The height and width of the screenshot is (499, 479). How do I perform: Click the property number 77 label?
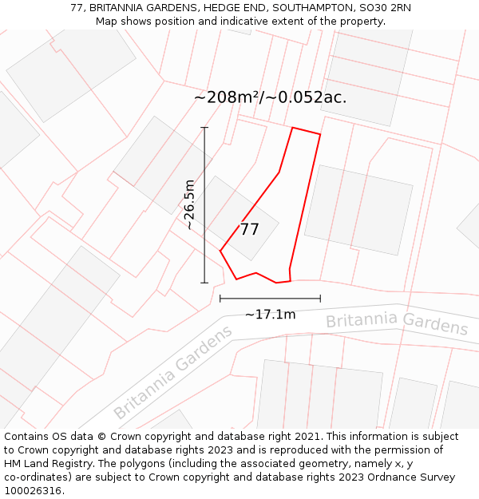[x=249, y=230]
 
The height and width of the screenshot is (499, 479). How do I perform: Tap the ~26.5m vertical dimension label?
[x=190, y=204]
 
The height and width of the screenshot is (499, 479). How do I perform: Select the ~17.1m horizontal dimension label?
[x=270, y=315]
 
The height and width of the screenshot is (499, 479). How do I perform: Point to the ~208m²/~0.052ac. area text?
[x=270, y=97]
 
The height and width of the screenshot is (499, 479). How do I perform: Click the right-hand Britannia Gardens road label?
[x=397, y=323]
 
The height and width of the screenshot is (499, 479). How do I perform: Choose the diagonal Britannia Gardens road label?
[x=173, y=372]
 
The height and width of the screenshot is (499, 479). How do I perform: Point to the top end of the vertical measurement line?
[x=204, y=128]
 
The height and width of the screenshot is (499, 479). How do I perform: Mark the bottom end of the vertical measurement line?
[x=204, y=283]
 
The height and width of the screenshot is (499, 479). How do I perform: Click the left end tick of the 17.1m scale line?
[x=220, y=299]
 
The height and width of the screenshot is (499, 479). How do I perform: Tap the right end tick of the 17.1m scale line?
[x=320, y=299]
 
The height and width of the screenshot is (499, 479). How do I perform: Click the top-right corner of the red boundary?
[x=320, y=134]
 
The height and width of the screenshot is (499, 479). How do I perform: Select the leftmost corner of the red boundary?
[x=220, y=251]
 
